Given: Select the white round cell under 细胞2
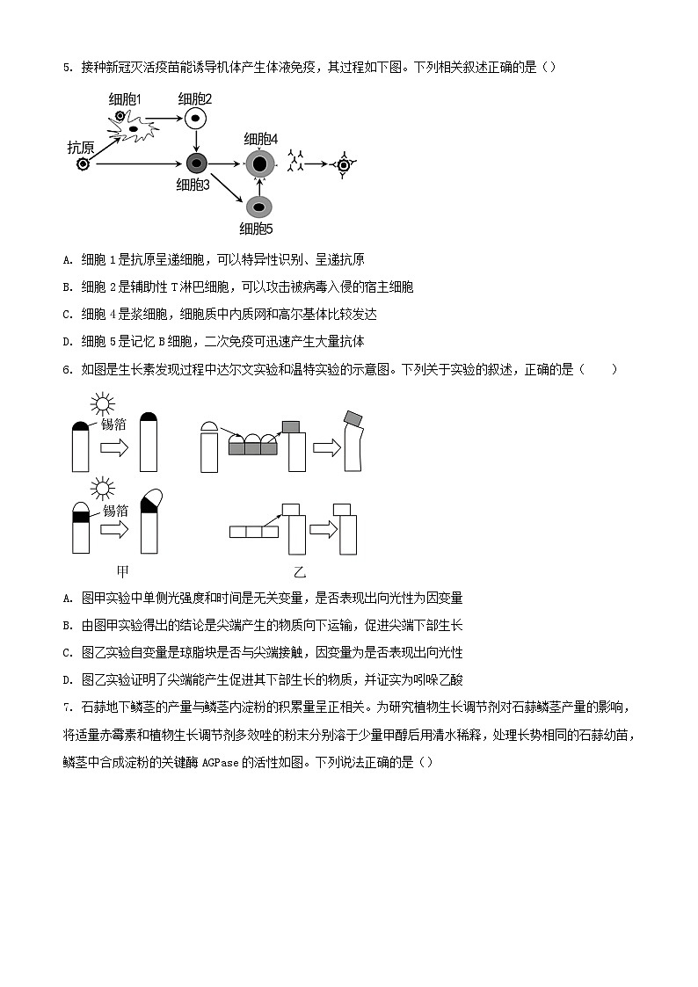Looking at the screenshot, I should click(x=195, y=119).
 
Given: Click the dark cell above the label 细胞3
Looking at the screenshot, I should click(x=196, y=163).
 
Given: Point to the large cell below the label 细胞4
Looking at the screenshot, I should click(x=259, y=163).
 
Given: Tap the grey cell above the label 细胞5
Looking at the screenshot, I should click(x=258, y=207).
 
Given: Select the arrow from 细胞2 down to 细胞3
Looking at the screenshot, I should click(x=196, y=141).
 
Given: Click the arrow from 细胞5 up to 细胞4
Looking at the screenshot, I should click(x=259, y=185).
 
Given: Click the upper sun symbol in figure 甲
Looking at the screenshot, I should click(x=104, y=404).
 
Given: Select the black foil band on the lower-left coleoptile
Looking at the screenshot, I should click(x=82, y=518).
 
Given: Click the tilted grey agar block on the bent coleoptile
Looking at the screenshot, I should click(x=353, y=417).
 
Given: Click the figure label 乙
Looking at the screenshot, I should click(x=299, y=571).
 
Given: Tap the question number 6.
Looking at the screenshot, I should click(x=67, y=369).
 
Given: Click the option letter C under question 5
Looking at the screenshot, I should click(x=67, y=314).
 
